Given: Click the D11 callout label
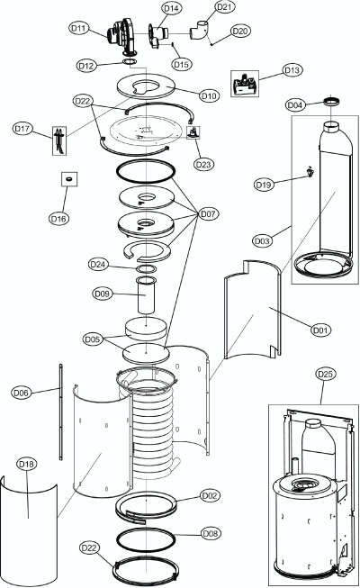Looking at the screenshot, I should (78, 29).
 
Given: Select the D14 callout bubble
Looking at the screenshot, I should (171, 8).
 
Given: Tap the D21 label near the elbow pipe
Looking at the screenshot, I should (226, 7).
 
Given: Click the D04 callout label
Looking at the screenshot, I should (294, 105).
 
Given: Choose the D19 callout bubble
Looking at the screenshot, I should (264, 185).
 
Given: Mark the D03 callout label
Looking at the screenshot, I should (262, 241).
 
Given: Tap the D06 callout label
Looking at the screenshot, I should (22, 393).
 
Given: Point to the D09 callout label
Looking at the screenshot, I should (102, 293).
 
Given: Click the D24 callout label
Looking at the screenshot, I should (98, 264).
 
